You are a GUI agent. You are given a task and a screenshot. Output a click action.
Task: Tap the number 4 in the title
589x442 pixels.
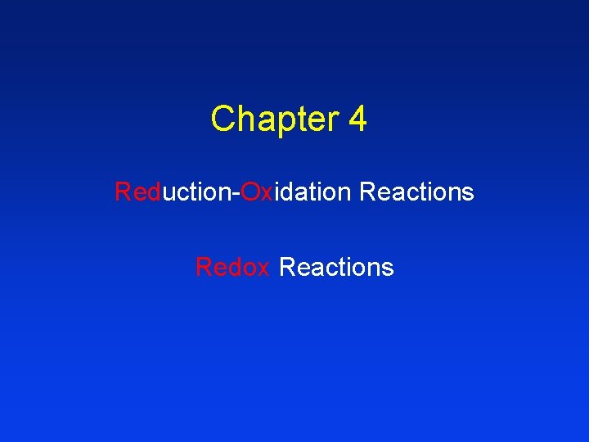[357, 120]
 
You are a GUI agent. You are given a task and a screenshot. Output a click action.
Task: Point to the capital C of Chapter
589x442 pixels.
[222, 120]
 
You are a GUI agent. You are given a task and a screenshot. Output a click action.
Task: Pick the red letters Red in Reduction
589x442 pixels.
[137, 192]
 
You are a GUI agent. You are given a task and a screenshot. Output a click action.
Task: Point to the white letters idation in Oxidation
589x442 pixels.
[312, 192]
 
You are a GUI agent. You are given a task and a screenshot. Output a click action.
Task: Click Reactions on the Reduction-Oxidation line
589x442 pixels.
[416, 192]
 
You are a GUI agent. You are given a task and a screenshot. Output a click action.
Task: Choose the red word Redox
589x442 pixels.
[232, 267]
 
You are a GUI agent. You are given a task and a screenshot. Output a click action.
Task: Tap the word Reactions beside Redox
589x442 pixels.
[336, 267]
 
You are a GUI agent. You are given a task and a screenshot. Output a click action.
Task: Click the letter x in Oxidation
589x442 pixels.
[267, 194]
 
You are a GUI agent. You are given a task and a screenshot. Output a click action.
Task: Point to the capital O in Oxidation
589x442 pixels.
[250, 192]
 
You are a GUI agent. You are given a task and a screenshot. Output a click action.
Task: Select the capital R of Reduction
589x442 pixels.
[123, 192]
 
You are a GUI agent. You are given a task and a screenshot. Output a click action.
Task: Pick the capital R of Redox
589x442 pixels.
[204, 267]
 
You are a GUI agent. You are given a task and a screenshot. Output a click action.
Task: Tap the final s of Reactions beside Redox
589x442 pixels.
[388, 268]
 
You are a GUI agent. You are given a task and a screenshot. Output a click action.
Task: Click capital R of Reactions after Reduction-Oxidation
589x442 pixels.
[367, 192]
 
